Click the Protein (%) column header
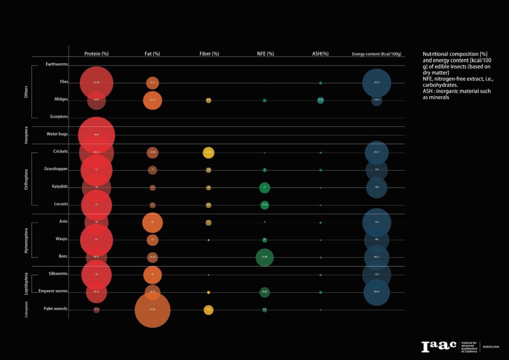(x=96, y=54)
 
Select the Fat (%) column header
(x=153, y=54)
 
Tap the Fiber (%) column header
(x=208, y=54)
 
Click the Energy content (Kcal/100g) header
(x=376, y=54)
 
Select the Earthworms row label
(x=57, y=64)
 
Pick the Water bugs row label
(x=57, y=134)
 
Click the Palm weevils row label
(x=56, y=309)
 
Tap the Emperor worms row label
(x=54, y=291)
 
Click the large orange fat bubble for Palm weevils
(x=153, y=310)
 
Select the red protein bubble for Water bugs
(x=96, y=135)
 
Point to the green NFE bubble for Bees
(x=264, y=257)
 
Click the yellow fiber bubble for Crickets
(x=209, y=152)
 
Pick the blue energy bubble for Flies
(x=377, y=83)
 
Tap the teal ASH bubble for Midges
(x=321, y=100)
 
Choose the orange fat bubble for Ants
(x=153, y=222)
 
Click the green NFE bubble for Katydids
(x=265, y=187)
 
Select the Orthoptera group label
(x=27, y=179)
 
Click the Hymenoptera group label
(x=27, y=240)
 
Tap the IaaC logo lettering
(x=438, y=347)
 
